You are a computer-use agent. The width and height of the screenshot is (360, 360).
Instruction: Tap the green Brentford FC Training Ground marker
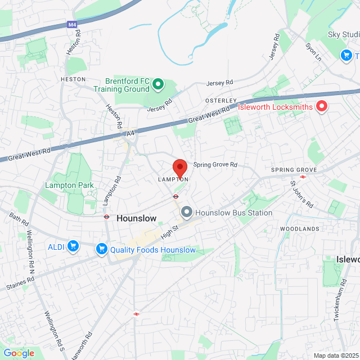(158, 85)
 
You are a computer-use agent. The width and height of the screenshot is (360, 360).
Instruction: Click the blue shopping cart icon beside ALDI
(72, 246)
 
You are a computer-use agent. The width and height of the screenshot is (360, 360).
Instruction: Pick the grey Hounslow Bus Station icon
(187, 212)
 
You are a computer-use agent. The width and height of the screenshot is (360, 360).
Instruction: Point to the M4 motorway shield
(72, 25)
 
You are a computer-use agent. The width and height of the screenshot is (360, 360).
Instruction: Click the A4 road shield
(130, 133)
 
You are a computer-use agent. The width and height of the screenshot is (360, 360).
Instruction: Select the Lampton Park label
(70, 185)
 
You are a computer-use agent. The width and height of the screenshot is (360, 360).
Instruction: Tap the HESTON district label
(73, 80)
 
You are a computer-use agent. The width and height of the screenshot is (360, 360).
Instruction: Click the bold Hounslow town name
(136, 218)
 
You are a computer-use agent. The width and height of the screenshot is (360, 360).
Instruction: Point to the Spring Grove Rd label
(215, 165)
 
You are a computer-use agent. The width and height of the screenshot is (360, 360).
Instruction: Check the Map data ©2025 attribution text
(335, 355)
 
